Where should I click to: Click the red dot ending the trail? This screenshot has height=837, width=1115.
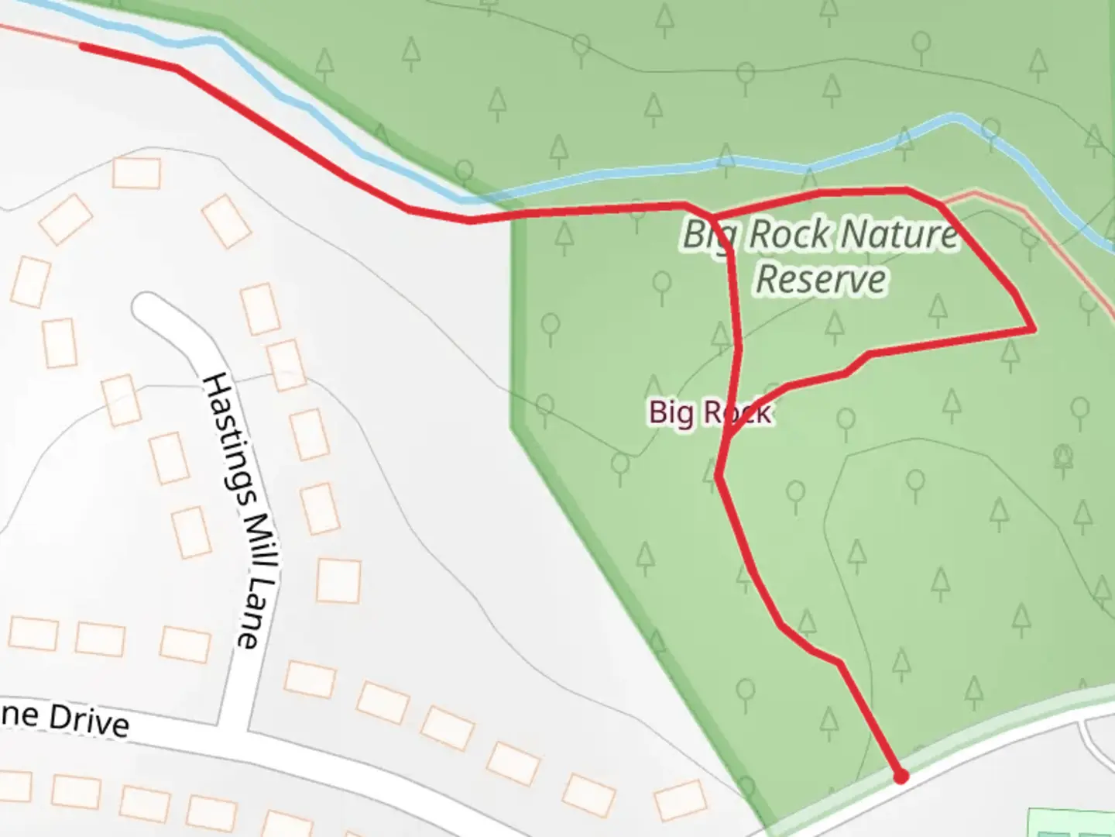[x=901, y=776]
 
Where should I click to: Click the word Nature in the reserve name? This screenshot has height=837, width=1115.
[x=898, y=234]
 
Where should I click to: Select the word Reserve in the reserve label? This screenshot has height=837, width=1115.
[x=821, y=279]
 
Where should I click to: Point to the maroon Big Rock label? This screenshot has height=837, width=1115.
[x=709, y=412]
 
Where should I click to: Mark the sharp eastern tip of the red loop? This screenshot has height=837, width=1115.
[x=1034, y=329]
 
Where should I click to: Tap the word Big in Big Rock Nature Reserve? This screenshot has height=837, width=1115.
[x=706, y=234]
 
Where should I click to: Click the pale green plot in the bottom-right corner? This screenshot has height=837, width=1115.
[x=1072, y=823]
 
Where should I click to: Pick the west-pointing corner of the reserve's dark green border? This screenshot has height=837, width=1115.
[x=513, y=425]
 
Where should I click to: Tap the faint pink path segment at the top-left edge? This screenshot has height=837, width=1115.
[x=39, y=34]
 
